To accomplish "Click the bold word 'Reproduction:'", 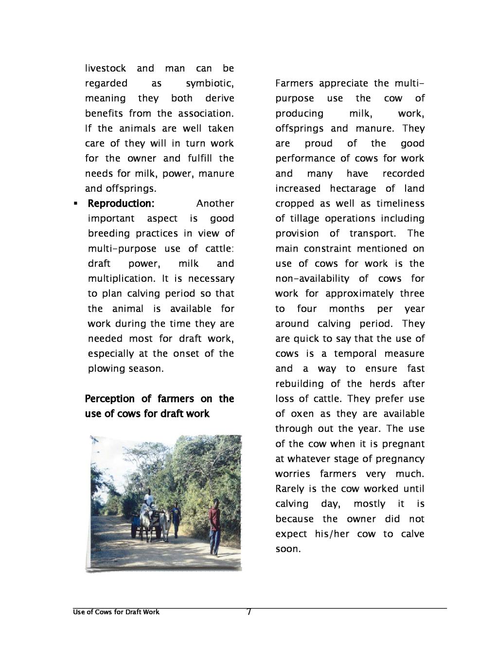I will point(121,203).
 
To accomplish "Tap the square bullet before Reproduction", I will point(75,203).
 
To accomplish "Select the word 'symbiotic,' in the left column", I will point(210,83).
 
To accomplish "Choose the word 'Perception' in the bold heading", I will point(110,399).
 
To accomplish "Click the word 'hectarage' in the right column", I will point(353,188).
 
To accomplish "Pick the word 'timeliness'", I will point(401,203).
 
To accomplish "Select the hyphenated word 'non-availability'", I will point(312,278).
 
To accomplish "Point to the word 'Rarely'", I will point(289,489).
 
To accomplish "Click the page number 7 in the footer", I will point(249,612).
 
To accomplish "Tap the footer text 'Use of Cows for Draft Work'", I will point(116,612).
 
